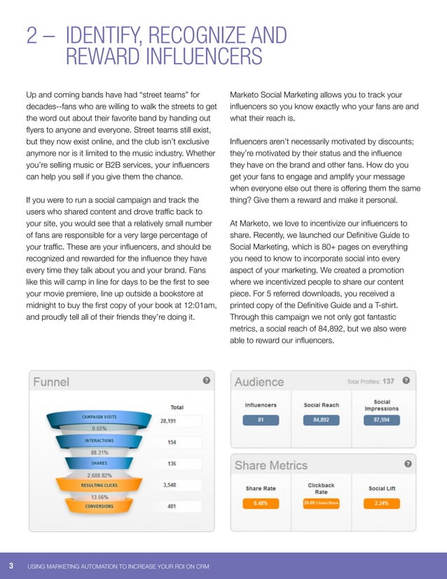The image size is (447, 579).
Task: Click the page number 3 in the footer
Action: pyautogui.click(x=11, y=566)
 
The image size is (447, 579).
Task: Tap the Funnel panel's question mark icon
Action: pyautogui.click(x=206, y=381)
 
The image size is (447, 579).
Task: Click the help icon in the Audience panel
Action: pyautogui.click(x=406, y=381)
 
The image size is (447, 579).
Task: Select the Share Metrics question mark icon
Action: pyautogui.click(x=408, y=464)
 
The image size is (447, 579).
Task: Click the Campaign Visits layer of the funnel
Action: pyautogui.click(x=101, y=416)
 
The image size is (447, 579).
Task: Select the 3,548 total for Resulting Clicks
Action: pyautogui.click(x=171, y=484)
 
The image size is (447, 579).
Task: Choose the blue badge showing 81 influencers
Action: pyautogui.click(x=261, y=421)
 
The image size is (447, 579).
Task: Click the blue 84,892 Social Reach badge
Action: pyautogui.click(x=322, y=421)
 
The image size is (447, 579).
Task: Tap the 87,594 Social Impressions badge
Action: pyautogui.click(x=382, y=421)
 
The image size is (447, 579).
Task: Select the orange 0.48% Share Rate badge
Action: pyautogui.click(x=261, y=503)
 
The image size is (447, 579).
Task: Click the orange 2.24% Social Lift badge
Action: pyautogui.click(x=382, y=503)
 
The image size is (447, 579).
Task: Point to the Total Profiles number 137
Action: pyautogui.click(x=388, y=381)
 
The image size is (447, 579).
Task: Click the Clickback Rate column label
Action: pyautogui.click(x=322, y=487)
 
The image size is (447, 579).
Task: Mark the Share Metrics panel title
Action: pyautogui.click(x=270, y=465)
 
